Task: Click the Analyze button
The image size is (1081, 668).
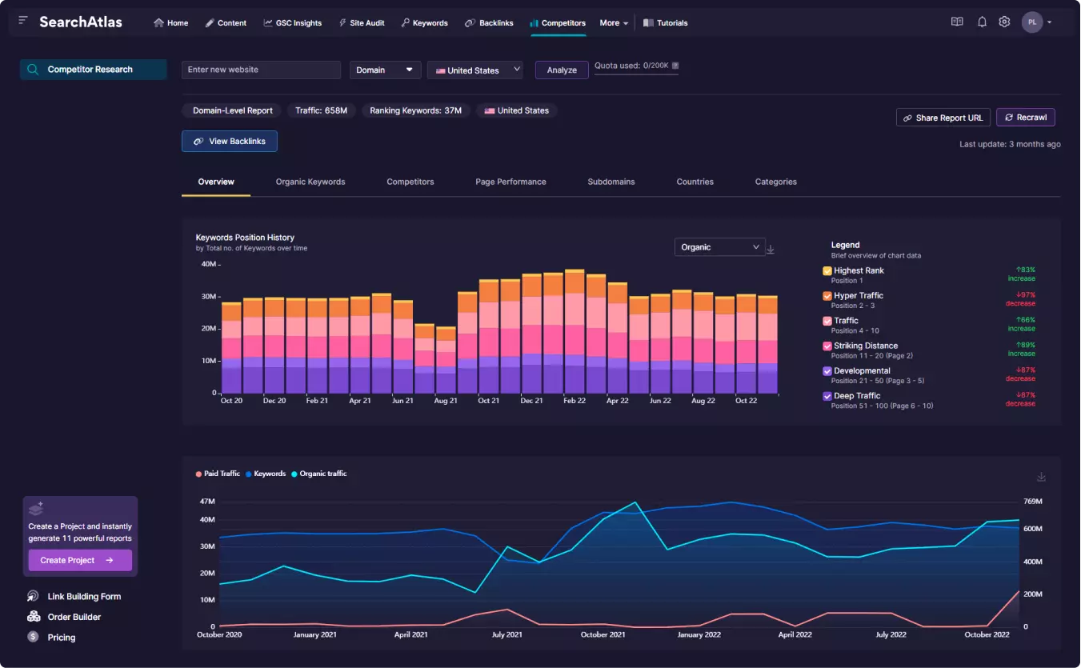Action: (x=562, y=70)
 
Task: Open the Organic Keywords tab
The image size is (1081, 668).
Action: (x=310, y=182)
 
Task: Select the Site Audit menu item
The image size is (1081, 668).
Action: (x=362, y=22)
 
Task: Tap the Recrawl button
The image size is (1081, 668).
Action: (x=1026, y=118)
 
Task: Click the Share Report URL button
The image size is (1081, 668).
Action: (x=943, y=118)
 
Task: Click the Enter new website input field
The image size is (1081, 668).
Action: (x=261, y=70)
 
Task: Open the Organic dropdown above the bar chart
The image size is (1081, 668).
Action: (x=719, y=247)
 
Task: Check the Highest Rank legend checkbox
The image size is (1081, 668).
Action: (x=827, y=270)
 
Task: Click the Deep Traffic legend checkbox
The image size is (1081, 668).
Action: (x=827, y=396)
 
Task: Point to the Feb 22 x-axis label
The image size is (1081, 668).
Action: (x=575, y=401)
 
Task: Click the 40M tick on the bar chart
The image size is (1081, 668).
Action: (x=209, y=264)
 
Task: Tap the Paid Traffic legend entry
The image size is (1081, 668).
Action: (x=218, y=474)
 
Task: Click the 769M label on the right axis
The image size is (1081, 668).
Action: (x=1033, y=501)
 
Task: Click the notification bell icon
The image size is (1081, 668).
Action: (x=982, y=22)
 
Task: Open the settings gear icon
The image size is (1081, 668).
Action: (x=1004, y=22)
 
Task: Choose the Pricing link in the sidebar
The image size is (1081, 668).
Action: (x=62, y=637)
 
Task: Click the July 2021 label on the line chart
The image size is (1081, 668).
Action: (x=506, y=634)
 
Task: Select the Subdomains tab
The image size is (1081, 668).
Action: (x=611, y=182)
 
